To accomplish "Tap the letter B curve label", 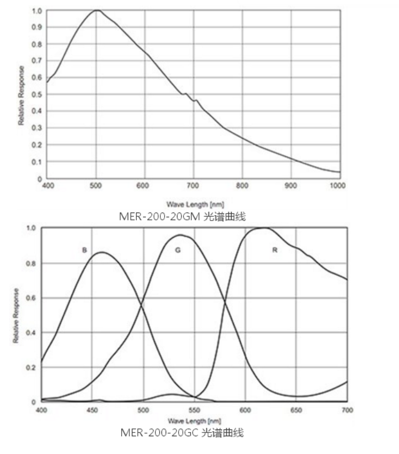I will point(84,250).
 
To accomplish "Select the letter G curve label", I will point(178,250).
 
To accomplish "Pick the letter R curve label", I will point(275,250).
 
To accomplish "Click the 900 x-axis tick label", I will point(291,185).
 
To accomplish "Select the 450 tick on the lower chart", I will point(92,410).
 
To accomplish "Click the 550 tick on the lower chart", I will point(194,410).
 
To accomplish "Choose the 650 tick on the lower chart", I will point(296,410).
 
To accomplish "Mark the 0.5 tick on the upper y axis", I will point(37,94).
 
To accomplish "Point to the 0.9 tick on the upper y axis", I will point(37,27).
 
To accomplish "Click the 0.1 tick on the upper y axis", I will point(37,162).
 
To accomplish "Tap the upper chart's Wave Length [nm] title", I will point(188,204).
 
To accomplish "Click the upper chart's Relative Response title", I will point(21,96).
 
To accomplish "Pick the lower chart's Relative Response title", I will point(16,316).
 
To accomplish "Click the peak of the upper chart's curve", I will point(97,10).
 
